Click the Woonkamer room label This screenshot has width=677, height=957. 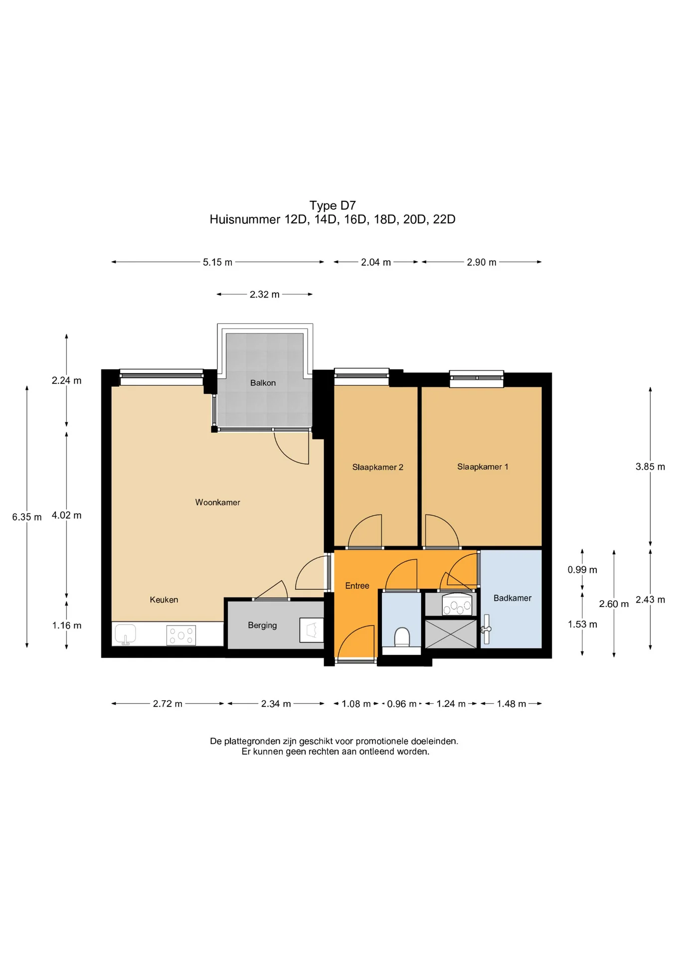point(217,502)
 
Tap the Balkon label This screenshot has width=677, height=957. point(263,383)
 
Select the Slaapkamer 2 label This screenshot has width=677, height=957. point(377,467)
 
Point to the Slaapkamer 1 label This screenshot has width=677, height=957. point(483,467)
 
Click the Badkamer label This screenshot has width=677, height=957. point(512,598)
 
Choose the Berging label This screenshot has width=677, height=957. point(262,625)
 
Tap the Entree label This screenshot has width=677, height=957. point(357,586)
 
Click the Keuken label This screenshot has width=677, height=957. point(164,600)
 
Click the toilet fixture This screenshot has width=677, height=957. point(402,638)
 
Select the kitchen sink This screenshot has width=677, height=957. point(126,635)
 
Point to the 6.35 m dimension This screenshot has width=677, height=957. point(27,517)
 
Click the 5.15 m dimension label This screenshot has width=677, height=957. point(217,262)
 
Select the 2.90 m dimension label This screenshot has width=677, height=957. point(482,262)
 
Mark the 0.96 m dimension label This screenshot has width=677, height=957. point(402,704)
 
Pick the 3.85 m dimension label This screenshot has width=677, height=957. point(650,467)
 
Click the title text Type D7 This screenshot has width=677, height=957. point(333,205)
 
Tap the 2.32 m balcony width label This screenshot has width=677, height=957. point(265,295)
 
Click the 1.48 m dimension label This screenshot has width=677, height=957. point(511,704)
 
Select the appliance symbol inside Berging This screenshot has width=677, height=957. point(312,630)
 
